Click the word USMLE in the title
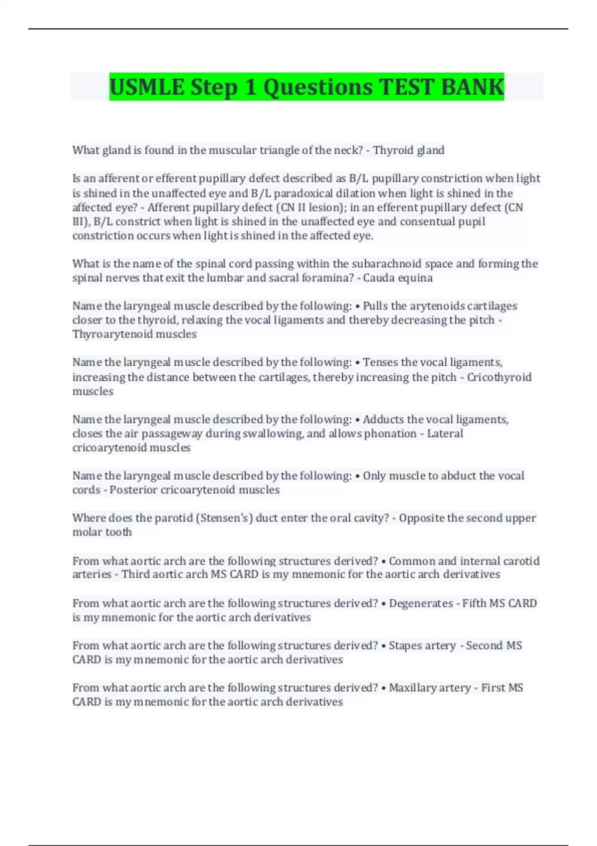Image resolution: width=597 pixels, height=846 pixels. click(x=147, y=87)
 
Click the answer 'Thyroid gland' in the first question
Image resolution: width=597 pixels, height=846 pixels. click(x=408, y=150)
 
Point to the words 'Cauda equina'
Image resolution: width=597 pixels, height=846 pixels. click(x=398, y=278)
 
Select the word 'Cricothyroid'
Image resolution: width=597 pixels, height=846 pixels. click(x=499, y=377)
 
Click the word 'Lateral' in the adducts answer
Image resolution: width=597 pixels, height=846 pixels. click(x=445, y=433)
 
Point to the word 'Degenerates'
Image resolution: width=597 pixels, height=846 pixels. click(x=420, y=603)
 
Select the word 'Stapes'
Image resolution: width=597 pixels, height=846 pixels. click(x=405, y=645)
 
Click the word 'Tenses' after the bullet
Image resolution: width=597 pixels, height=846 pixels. click(x=381, y=362)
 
